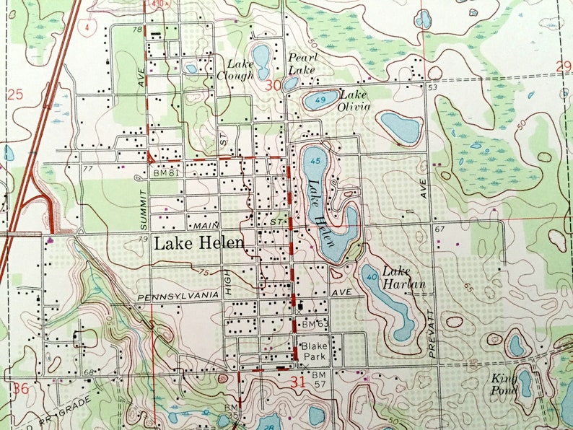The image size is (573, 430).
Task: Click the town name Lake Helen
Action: click(198, 244)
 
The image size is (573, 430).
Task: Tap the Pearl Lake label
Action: click(302, 63)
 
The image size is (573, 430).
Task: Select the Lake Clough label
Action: click(239, 69)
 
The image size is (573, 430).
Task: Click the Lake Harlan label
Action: click(403, 278)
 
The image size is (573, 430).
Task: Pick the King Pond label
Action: click(505, 384)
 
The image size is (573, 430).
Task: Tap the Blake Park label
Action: click(314, 351)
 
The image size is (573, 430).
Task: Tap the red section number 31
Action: click(297, 383)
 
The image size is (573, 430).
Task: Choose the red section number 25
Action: click(16, 94)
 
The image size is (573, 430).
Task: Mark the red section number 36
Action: click(21, 388)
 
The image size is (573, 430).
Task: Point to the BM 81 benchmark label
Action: click(165, 174)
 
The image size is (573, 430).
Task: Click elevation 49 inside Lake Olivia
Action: click(319, 99)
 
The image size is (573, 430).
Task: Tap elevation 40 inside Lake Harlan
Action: click(372, 276)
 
